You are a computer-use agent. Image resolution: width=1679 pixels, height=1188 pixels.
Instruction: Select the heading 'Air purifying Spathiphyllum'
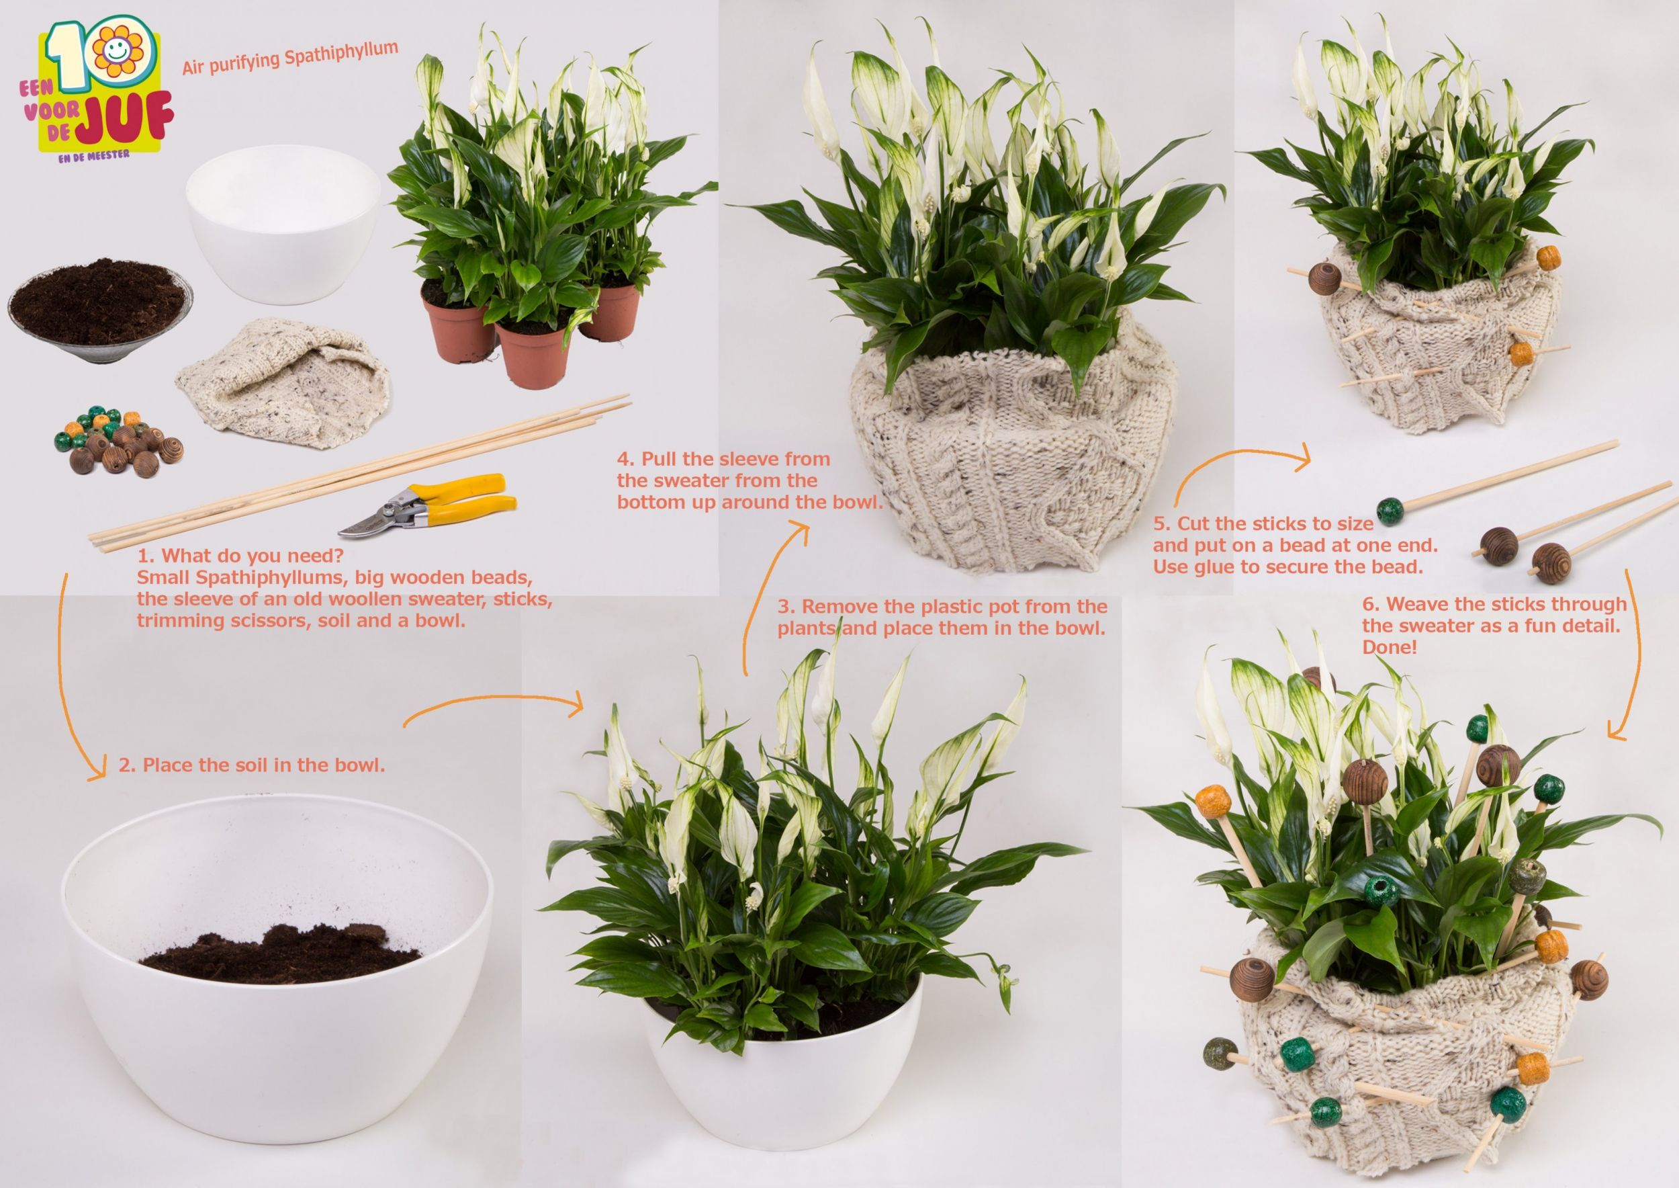[x=290, y=58]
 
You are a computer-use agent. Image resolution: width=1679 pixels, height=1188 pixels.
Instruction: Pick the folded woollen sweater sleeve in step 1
[x=283, y=382]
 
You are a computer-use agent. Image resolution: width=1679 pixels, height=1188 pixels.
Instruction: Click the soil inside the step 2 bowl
[x=280, y=955]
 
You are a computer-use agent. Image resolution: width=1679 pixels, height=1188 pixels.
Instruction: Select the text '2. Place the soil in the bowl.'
[x=252, y=765]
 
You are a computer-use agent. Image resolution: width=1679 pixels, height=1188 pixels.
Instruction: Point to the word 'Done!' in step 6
[x=1390, y=647]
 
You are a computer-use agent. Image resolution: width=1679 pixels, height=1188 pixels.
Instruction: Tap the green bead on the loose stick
[x=1390, y=509]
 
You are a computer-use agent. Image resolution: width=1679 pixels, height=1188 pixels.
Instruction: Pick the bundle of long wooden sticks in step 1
[x=359, y=473]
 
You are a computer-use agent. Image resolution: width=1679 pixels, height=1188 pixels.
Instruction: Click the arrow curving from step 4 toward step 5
[x=1236, y=455]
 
